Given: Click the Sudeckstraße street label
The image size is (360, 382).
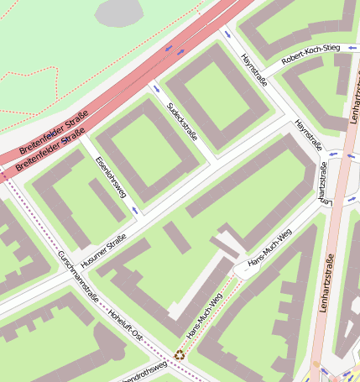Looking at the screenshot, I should click(x=182, y=122).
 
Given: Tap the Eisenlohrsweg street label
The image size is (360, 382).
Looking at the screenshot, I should click(x=111, y=176).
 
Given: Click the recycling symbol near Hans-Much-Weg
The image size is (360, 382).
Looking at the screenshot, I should click(x=178, y=355).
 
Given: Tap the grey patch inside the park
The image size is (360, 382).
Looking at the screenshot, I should click(x=119, y=13).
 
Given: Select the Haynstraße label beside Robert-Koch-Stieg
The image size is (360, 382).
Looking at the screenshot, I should click(x=253, y=72).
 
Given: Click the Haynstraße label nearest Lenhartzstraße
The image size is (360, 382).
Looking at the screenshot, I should click(x=308, y=136).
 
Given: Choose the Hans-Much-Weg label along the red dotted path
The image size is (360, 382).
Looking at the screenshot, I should click(x=205, y=317).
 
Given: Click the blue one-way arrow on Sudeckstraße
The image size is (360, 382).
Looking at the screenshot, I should click(x=154, y=88).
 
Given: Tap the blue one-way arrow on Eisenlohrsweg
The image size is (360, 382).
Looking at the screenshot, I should click(x=133, y=209).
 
